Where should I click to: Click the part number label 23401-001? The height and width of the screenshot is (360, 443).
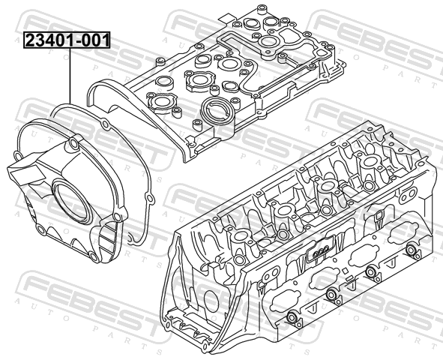point(67,40)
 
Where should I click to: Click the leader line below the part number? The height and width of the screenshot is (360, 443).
point(70,76)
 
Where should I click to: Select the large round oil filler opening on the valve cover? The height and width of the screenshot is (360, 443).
point(217,111)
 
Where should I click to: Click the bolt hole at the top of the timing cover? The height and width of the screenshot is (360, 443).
point(73,144)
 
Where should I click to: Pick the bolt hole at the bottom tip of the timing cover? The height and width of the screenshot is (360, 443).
point(92,256)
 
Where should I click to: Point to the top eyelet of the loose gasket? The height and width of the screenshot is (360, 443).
point(105,124)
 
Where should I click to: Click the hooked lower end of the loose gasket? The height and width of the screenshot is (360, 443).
point(130,239)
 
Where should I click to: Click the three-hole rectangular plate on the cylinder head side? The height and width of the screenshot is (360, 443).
point(320,250)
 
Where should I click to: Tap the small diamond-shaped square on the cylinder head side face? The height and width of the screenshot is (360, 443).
point(344,271)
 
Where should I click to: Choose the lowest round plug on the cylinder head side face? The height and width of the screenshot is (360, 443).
point(292,317)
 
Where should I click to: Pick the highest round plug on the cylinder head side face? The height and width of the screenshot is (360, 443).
point(411,250)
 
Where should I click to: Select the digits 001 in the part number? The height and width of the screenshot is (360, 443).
point(95,40)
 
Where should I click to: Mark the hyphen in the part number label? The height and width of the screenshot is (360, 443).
point(78,41)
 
